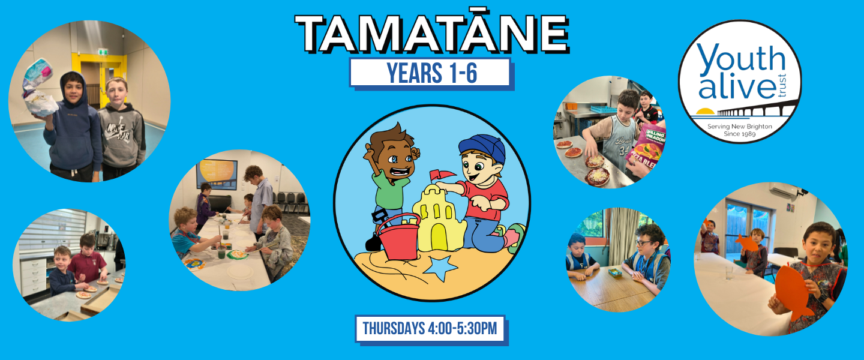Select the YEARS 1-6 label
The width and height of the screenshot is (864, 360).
[x=432, y=73]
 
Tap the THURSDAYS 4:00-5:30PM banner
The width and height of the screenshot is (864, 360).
[x=430, y=329]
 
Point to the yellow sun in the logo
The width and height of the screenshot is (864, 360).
[x=704, y=112]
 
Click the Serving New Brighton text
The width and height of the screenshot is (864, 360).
[x=739, y=127]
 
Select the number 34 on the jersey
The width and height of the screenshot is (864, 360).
[x=625, y=151]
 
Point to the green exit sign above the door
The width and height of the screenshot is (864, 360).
[x=103, y=52]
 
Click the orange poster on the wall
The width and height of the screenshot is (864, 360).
[x=217, y=175]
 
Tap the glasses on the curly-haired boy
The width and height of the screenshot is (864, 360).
[x=643, y=243]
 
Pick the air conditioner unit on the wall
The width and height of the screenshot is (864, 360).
[x=782, y=190]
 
